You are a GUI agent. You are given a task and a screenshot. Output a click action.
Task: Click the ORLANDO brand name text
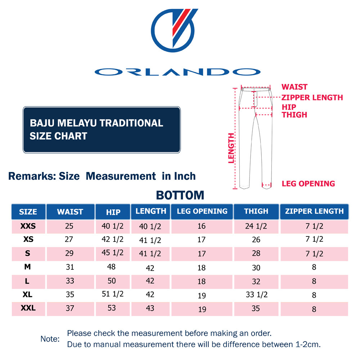tap(177, 72)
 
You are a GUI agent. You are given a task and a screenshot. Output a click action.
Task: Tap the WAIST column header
tap(70, 212)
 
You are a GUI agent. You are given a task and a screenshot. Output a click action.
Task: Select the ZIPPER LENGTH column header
tap(314, 211)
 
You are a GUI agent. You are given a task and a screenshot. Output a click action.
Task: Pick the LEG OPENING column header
tap(202, 211)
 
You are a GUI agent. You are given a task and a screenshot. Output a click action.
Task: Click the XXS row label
tap(28, 226)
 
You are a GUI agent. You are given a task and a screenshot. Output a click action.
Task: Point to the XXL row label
tap(28, 308)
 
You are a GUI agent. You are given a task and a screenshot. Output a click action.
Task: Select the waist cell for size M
tap(70, 267)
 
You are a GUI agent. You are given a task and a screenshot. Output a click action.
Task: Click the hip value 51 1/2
tap(113, 294)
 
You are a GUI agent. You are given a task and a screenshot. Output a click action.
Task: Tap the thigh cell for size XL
tap(256, 294)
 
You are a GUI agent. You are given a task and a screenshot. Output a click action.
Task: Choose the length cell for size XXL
tap(150, 309)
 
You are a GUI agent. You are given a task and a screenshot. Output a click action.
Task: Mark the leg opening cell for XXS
tap(202, 226)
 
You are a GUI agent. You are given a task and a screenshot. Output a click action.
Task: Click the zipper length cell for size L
tap(314, 281)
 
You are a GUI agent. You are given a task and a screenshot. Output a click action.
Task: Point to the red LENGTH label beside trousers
tap(231, 148)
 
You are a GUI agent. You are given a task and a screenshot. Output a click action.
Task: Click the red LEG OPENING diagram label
tap(308, 184)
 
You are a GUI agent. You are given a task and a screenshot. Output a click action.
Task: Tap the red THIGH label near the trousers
tap(294, 115)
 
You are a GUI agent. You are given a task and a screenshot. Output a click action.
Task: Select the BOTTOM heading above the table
tap(180, 195)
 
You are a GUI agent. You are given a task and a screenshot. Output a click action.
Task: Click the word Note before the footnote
tap(50, 339)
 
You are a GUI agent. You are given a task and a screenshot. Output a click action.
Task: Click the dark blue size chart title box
tap(102, 130)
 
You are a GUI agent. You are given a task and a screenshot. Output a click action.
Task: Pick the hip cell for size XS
tap(113, 239)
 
